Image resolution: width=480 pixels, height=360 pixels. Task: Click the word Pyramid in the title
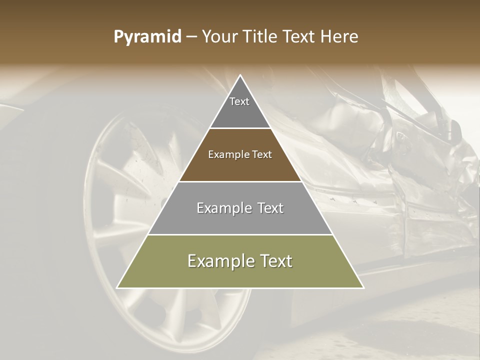point(147,37)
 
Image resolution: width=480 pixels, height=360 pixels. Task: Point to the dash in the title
point(191,37)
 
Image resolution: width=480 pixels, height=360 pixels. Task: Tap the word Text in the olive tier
point(272,261)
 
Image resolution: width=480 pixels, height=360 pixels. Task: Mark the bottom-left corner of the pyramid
point(117,287)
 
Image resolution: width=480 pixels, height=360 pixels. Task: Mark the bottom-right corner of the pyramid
point(363,287)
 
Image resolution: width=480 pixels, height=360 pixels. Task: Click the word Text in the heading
point(300,37)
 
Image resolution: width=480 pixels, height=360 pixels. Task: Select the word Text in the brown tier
point(262,155)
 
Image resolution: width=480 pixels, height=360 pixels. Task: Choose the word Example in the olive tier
point(218,261)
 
